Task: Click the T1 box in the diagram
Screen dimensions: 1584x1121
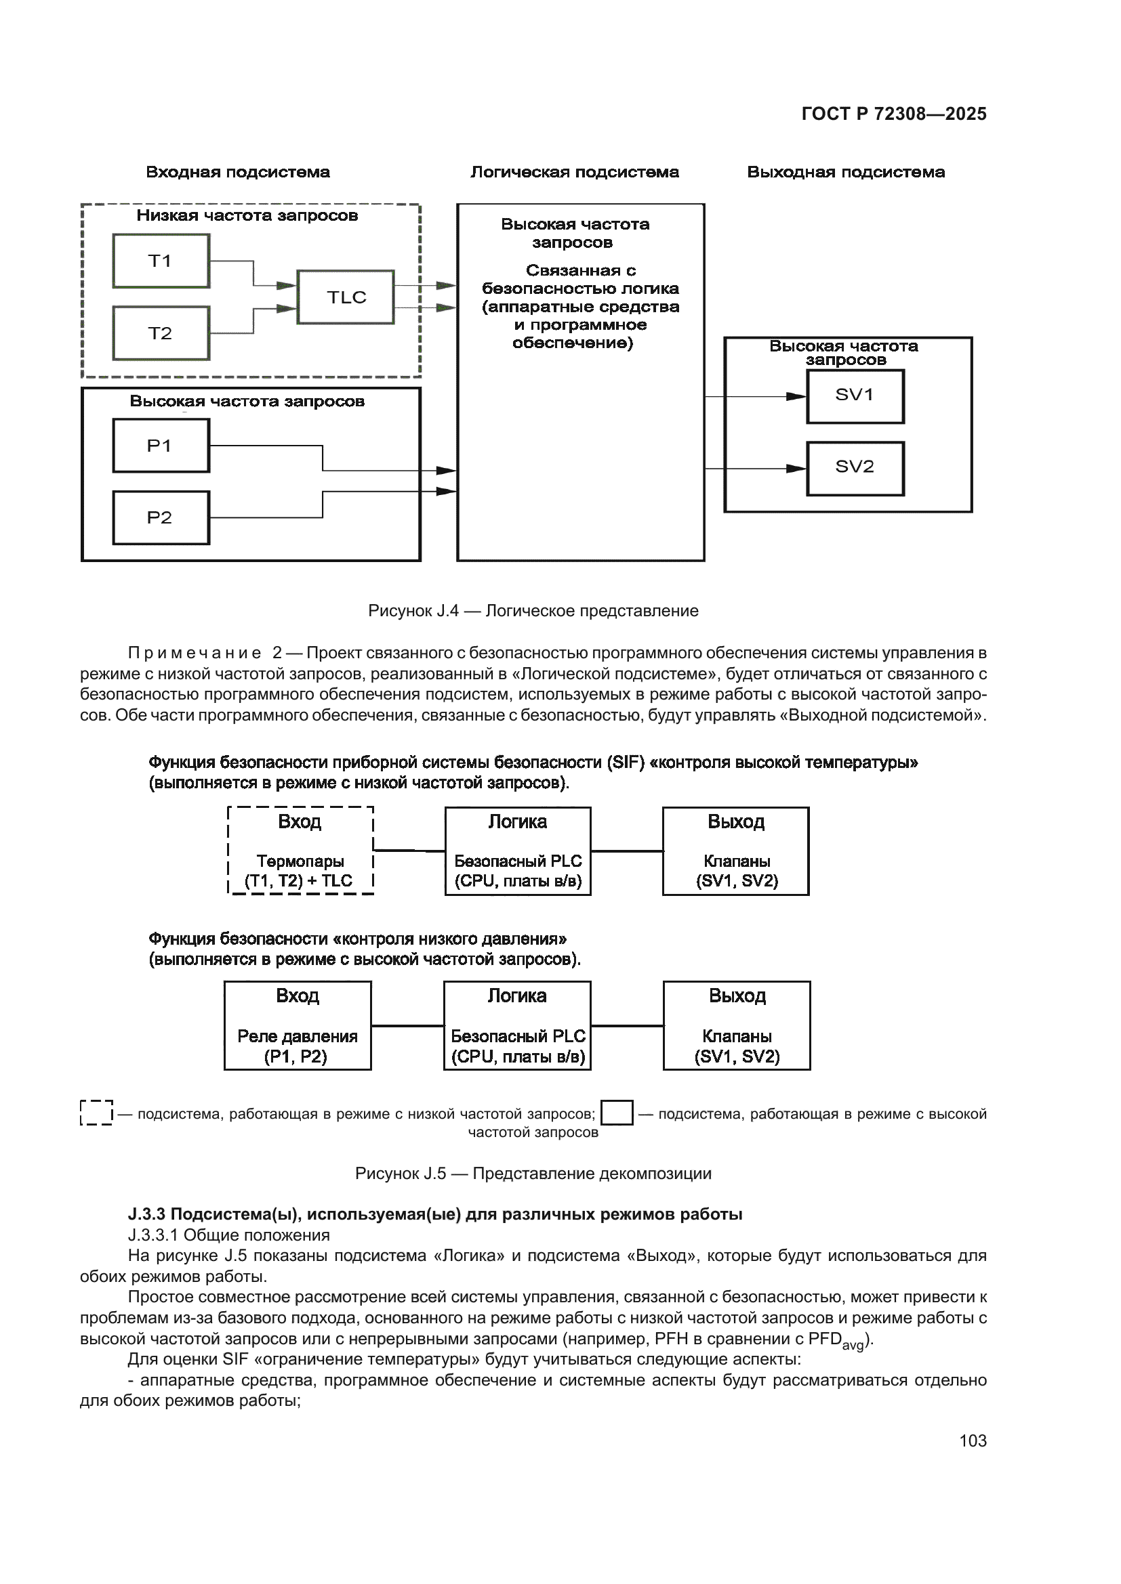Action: (x=161, y=261)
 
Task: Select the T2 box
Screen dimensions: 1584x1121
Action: (x=161, y=333)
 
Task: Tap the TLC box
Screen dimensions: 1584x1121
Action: (x=345, y=297)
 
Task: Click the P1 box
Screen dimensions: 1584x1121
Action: (x=161, y=446)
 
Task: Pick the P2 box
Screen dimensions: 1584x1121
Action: (x=161, y=517)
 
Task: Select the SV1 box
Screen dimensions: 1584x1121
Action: (x=855, y=396)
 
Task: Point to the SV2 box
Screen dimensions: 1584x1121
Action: (x=855, y=468)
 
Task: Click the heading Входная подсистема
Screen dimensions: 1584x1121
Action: (x=237, y=172)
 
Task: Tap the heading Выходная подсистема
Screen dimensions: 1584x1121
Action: (x=846, y=172)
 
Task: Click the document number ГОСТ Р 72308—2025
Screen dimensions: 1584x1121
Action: (x=894, y=114)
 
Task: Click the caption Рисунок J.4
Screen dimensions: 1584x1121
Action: (x=533, y=611)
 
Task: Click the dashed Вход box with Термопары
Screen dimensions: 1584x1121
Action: (x=300, y=851)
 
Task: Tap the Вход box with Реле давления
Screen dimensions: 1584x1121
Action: (x=298, y=1025)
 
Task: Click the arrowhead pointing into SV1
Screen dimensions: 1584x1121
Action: (x=796, y=396)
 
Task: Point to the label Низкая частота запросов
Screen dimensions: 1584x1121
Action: (x=247, y=215)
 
